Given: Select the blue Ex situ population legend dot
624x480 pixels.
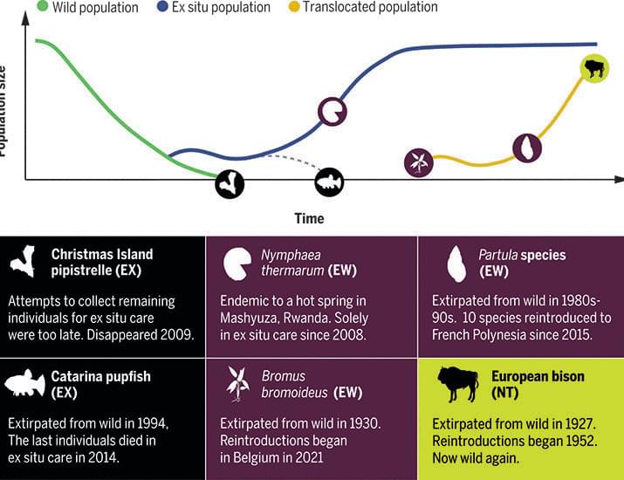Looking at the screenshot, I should [x=164, y=7].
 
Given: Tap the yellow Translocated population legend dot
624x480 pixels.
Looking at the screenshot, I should [x=295, y=7].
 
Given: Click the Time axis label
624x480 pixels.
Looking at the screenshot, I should [x=308, y=218].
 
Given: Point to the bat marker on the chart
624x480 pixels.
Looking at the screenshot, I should [x=230, y=183].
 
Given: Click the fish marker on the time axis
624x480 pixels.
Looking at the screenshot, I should [x=330, y=182].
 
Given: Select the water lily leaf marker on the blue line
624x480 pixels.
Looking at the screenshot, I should [x=332, y=111].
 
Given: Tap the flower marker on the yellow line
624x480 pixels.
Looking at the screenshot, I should [x=419, y=161].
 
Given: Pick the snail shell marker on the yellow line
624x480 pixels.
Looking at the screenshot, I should [x=527, y=147].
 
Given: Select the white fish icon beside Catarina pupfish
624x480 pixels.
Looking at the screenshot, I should [x=26, y=386].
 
